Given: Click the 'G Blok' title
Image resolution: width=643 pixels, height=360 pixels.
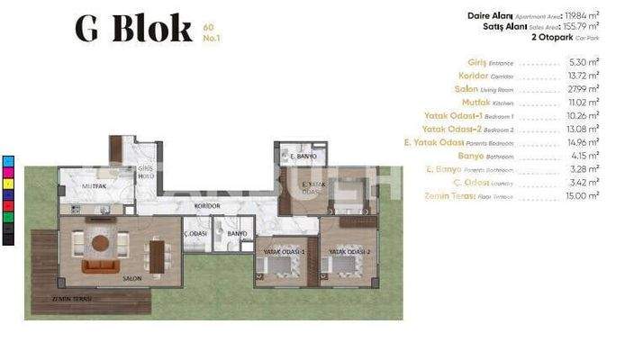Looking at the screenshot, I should click(x=132, y=29).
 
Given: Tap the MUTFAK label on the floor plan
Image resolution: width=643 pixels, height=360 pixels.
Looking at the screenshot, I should click(x=95, y=186).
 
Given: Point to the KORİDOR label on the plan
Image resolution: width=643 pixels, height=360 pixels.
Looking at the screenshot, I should click(x=208, y=206).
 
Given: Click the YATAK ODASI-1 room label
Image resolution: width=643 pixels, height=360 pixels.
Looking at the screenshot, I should click(x=284, y=251).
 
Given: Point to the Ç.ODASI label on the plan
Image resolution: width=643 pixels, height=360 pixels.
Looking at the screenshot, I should click(x=196, y=233).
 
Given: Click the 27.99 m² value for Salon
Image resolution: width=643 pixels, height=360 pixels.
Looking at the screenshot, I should click(x=584, y=89).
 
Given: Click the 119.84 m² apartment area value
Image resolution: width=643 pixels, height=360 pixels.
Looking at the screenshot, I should click(x=580, y=14).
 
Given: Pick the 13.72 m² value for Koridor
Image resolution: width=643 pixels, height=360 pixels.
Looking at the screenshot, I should click(x=584, y=76).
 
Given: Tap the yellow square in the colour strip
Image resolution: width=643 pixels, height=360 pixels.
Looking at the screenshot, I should click(x=9, y=184).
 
